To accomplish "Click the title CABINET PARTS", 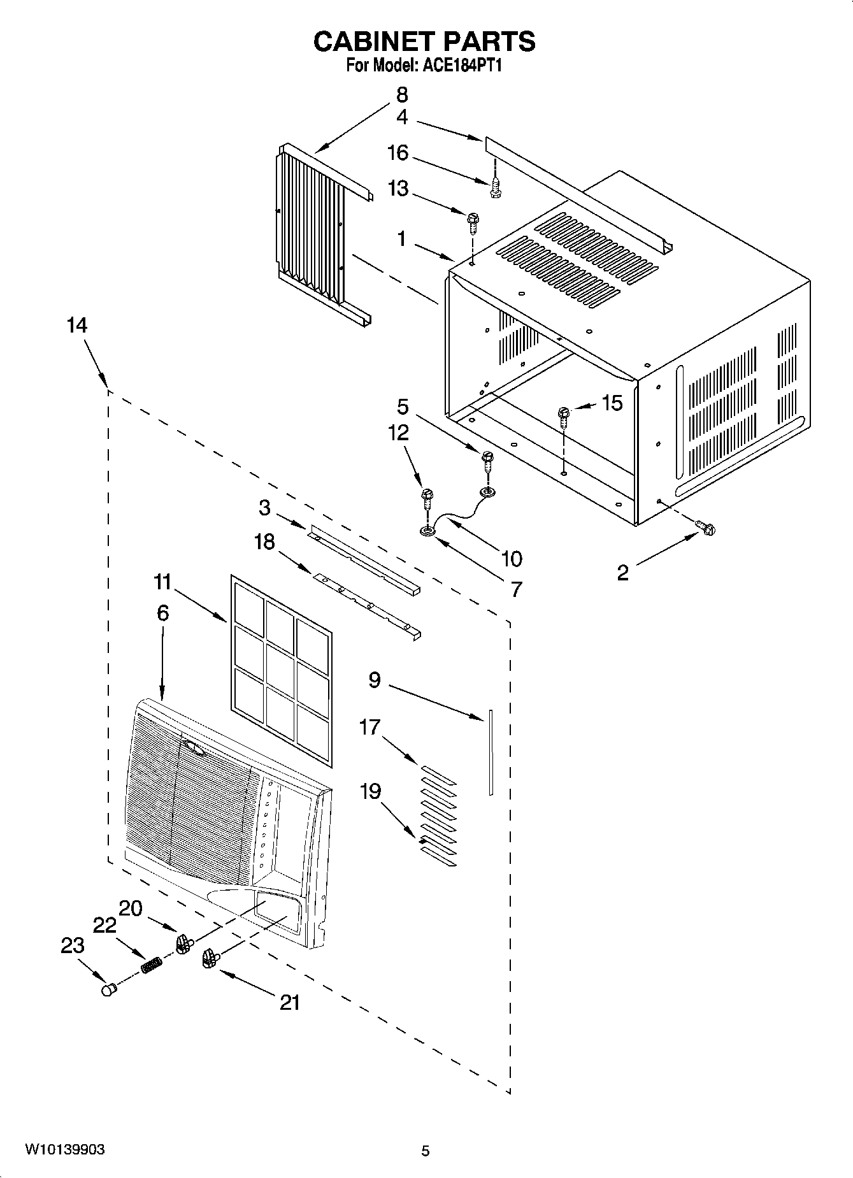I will [424, 41].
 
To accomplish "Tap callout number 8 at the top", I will [402, 95].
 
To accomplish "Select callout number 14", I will [76, 326].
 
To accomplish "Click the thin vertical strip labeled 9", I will [491, 752].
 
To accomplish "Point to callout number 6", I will [162, 613].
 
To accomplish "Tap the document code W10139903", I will [65, 1150].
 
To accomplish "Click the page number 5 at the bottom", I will [426, 1151].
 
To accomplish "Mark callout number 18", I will [264, 542].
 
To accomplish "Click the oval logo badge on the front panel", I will [194, 747].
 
